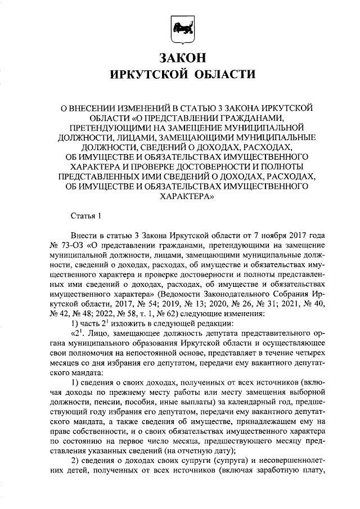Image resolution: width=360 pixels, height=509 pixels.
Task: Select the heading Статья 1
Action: pyautogui.click(x=86, y=215)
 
